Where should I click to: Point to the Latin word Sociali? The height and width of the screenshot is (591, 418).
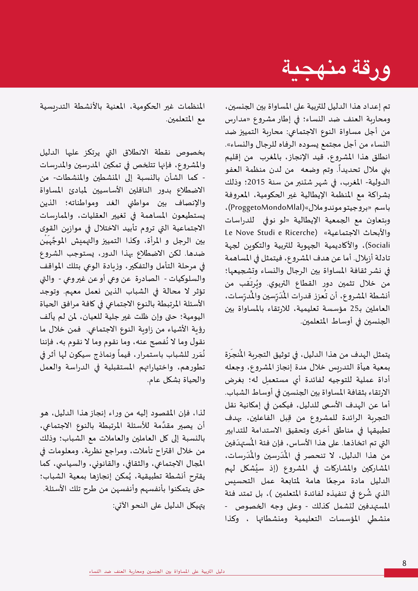click(379, 245)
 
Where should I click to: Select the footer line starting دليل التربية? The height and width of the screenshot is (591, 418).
click(157, 571)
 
